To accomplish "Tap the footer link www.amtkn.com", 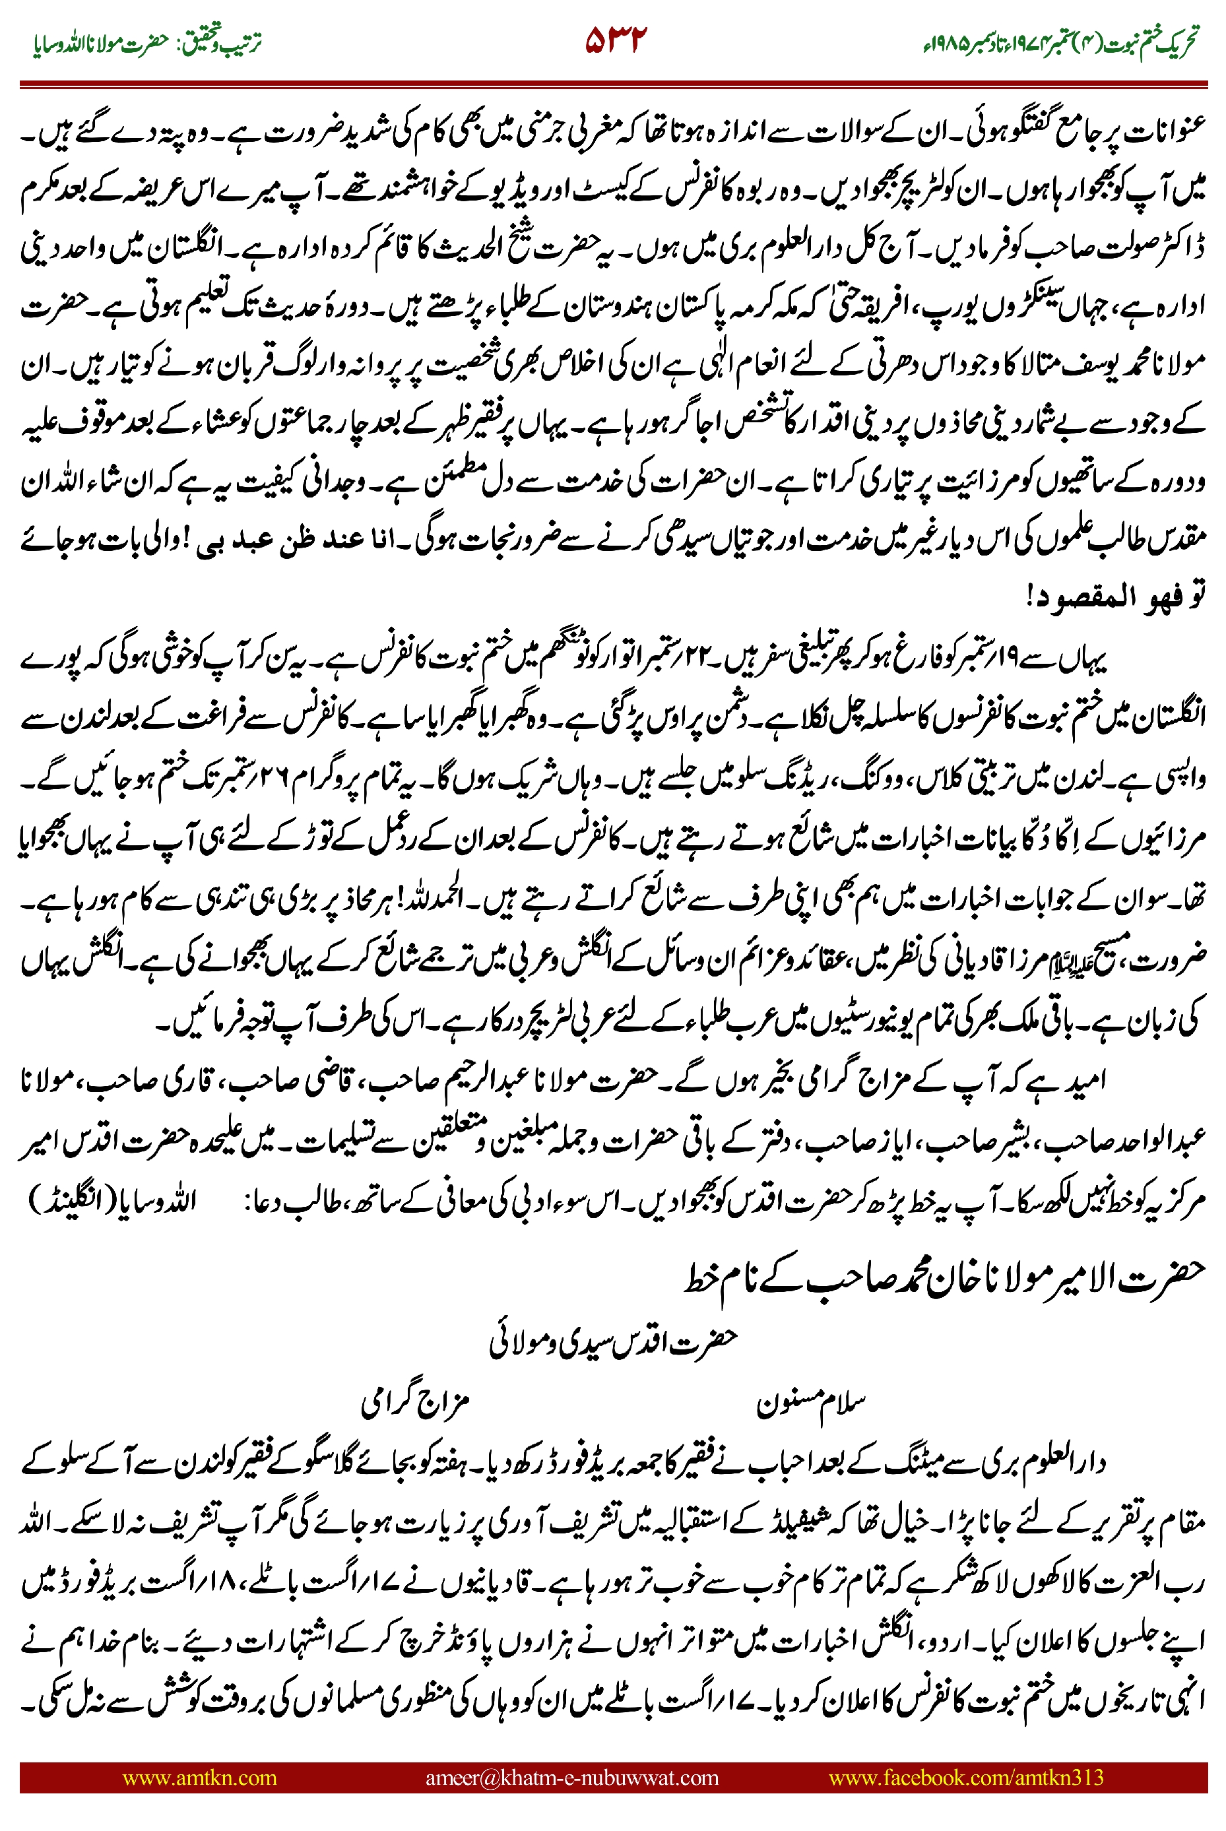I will pyautogui.click(x=199, y=1777).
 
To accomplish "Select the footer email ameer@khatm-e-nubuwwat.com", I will pyautogui.click(x=571, y=1777).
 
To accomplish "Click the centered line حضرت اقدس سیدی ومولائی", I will pyautogui.click(x=614, y=1341).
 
